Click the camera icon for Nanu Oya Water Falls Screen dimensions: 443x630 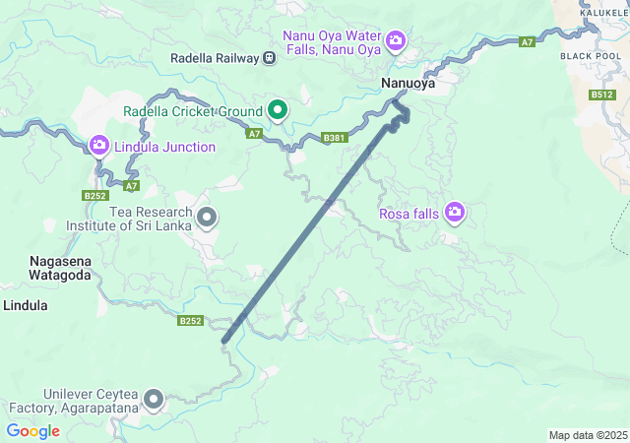(395, 40)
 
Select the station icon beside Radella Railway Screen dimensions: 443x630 (268, 58)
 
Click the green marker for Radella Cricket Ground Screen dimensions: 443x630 (278, 111)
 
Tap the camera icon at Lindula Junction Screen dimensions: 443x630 (98, 147)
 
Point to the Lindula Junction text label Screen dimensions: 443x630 (164, 148)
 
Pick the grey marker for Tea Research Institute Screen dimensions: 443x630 (207, 216)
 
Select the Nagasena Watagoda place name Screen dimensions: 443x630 (61, 268)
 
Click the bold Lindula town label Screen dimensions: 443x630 (26, 305)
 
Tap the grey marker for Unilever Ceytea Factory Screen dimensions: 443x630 (154, 399)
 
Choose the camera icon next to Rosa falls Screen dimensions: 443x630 (454, 212)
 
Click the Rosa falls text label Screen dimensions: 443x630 (409, 213)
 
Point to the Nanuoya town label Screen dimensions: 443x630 (408, 84)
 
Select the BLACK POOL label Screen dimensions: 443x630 (590, 56)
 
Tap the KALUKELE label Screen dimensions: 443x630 (604, 12)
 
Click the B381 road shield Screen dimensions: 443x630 (335, 139)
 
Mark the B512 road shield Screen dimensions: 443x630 (602, 95)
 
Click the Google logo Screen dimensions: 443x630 (32, 430)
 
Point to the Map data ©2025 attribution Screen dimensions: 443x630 (587, 435)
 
